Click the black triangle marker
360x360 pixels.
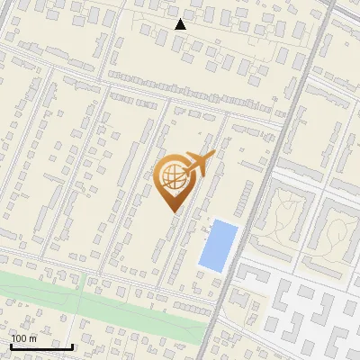tap(180, 24)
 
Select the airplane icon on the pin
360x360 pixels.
tap(197, 164)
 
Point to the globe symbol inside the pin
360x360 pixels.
tap(174, 177)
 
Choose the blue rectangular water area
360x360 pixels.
tap(218, 245)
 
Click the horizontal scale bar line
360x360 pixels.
tap(40, 346)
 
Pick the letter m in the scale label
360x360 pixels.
tap(32, 338)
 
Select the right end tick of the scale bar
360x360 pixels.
tap(72, 345)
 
